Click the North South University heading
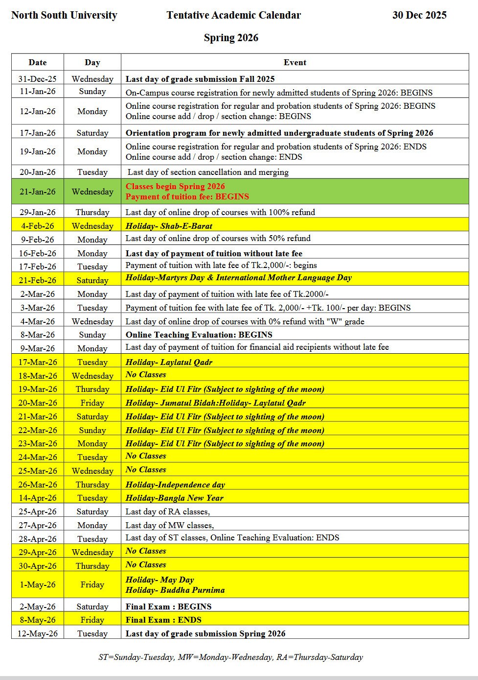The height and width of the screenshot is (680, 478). (64, 15)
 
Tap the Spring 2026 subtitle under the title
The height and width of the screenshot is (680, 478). (231, 38)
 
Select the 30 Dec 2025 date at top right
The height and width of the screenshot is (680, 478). (419, 15)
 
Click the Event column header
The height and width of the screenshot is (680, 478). (295, 62)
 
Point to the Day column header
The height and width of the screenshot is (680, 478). (92, 62)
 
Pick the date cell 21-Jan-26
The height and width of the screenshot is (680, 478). (38, 192)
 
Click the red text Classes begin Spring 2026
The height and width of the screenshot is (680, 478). (175, 186)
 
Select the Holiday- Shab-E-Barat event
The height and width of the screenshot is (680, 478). (169, 226)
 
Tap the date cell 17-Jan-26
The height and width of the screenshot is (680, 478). (38, 133)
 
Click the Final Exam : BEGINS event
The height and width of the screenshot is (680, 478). (168, 607)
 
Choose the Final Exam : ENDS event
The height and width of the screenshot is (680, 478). (163, 620)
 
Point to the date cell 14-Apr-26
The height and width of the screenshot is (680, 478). (38, 498)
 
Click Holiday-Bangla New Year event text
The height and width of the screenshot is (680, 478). (174, 498)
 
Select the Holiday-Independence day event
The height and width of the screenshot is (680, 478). (175, 485)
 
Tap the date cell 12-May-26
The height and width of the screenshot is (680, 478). (38, 633)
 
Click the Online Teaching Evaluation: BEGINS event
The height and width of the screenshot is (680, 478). (199, 335)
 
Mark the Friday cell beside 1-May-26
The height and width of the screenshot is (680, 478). (92, 584)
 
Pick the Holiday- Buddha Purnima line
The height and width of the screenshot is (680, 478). (175, 590)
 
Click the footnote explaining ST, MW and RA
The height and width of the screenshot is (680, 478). (230, 657)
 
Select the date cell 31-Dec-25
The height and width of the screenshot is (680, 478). (38, 79)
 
